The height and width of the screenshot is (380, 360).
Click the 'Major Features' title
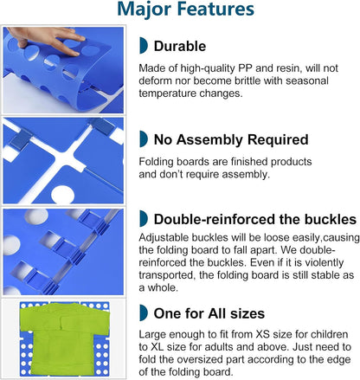tap(186, 10)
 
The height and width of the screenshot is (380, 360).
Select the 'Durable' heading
tap(180, 46)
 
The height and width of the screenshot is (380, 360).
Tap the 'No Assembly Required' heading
tap(231, 139)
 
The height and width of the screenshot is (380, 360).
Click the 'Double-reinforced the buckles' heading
tap(255, 219)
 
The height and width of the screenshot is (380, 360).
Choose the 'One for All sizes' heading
tap(209, 313)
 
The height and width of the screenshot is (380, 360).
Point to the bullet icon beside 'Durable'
tap(143, 45)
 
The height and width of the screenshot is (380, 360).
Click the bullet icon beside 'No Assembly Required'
tap(143, 138)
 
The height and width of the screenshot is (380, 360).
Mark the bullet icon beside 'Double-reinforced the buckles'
tap(143, 218)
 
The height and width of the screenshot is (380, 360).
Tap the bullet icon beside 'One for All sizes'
tap(143, 312)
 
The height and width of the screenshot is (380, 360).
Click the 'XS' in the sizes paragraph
tap(262, 334)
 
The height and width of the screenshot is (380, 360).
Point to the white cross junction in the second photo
tap(66, 158)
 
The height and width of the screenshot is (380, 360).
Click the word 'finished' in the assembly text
tap(249, 162)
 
